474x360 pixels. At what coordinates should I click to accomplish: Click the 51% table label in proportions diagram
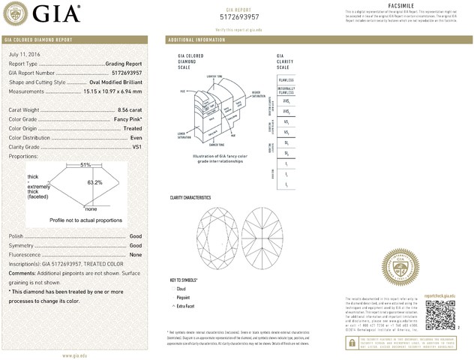(x=85, y=165)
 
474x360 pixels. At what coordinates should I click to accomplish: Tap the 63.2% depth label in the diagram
(x=94, y=182)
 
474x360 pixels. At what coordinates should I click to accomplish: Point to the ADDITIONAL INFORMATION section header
(x=197, y=38)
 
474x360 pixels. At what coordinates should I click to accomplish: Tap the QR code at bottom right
(x=440, y=315)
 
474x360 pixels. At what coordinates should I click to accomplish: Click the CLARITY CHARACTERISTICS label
(x=191, y=197)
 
